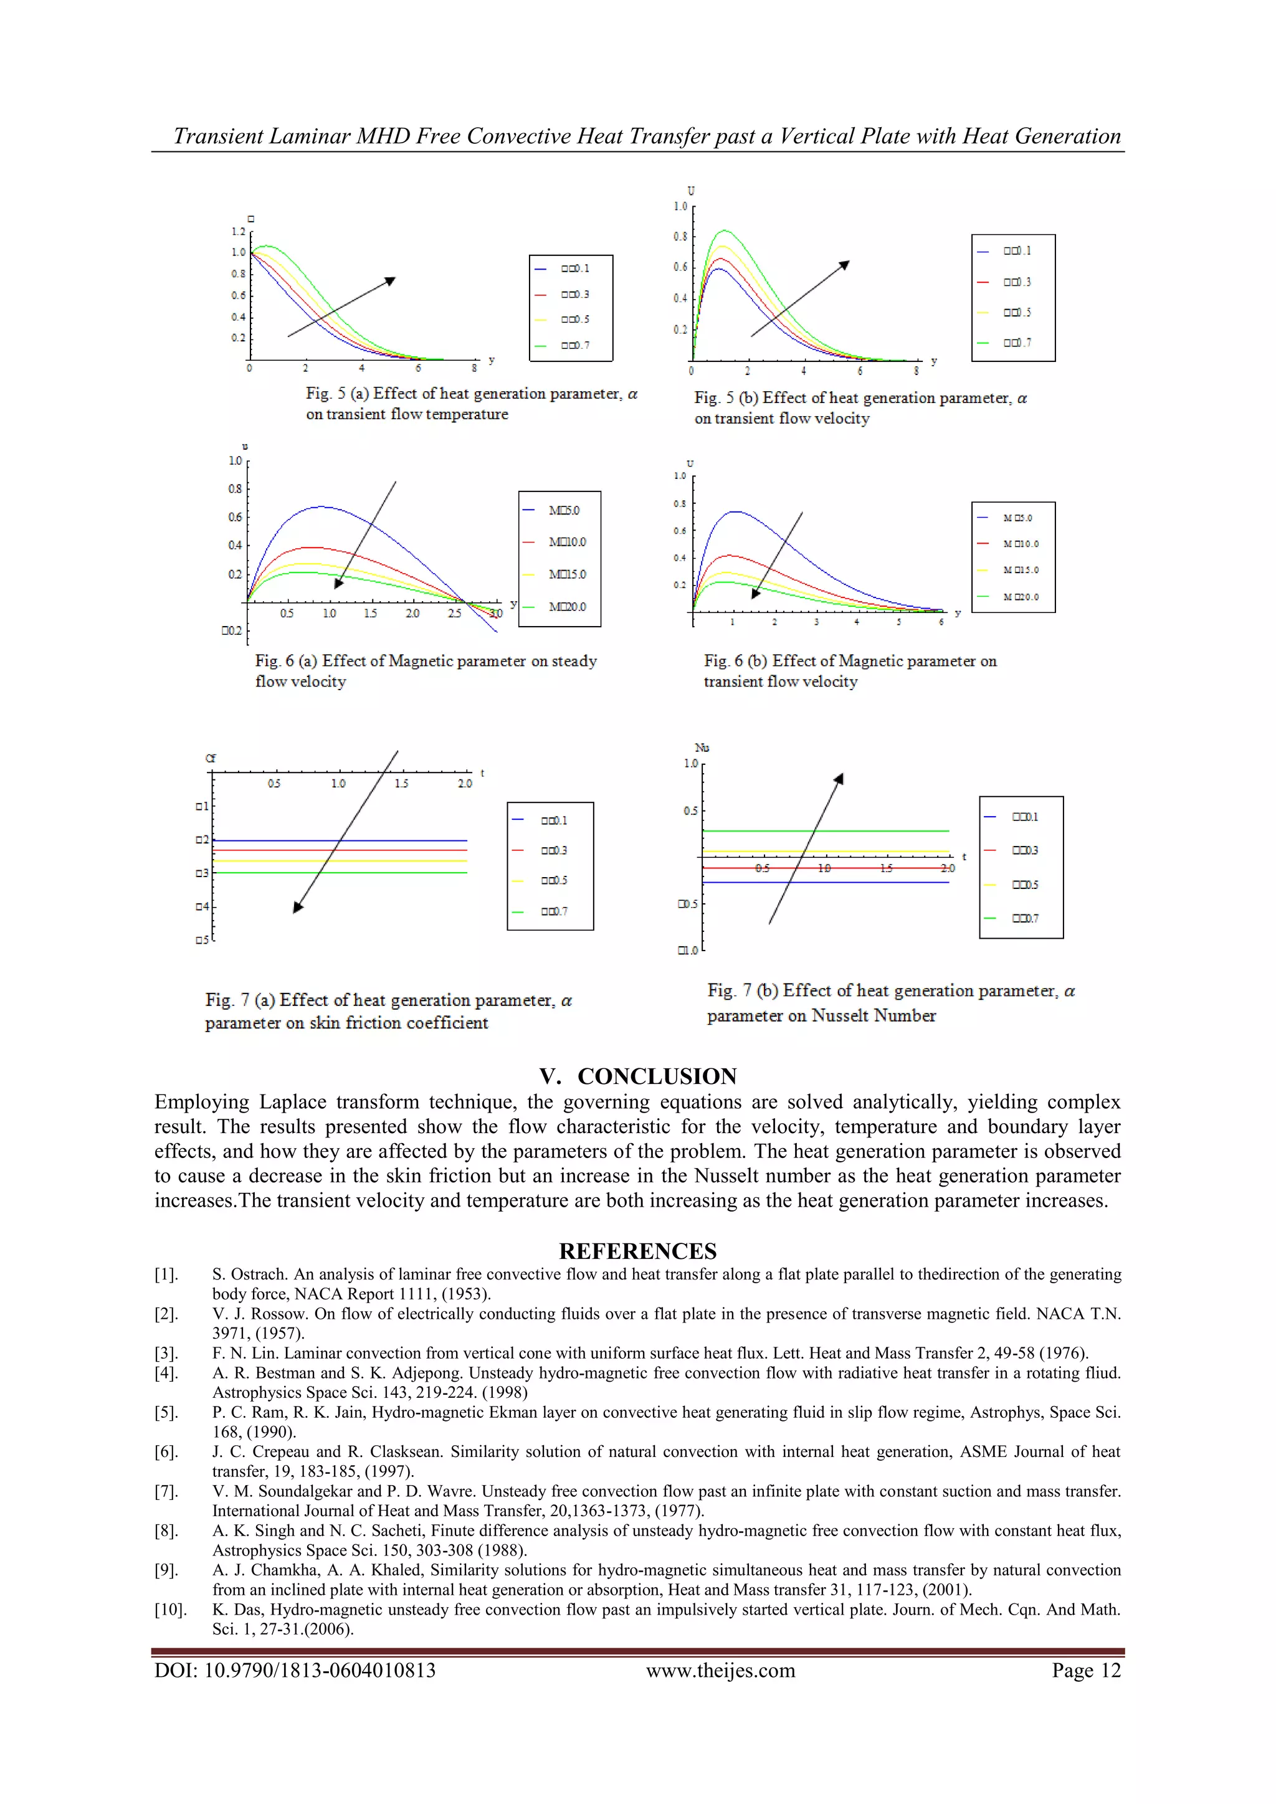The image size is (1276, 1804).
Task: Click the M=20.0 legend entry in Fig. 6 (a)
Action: (x=566, y=607)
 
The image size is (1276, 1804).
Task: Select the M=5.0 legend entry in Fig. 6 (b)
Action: (x=1017, y=518)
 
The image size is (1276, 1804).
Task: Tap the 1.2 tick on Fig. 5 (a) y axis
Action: (x=238, y=232)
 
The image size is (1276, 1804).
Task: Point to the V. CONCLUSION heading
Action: (x=637, y=1076)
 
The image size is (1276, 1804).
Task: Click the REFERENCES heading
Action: (x=637, y=1251)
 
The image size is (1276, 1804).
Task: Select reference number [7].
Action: (x=166, y=1491)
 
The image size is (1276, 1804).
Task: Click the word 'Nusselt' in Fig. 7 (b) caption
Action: (x=840, y=1015)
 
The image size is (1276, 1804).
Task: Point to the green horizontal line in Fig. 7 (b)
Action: (x=825, y=830)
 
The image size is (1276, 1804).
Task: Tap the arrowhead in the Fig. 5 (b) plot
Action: (x=845, y=265)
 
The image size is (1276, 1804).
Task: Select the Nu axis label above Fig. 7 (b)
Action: (x=702, y=748)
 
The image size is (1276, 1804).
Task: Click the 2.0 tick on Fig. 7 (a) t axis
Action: (x=465, y=784)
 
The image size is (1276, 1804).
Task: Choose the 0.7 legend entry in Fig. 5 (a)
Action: (x=574, y=345)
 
